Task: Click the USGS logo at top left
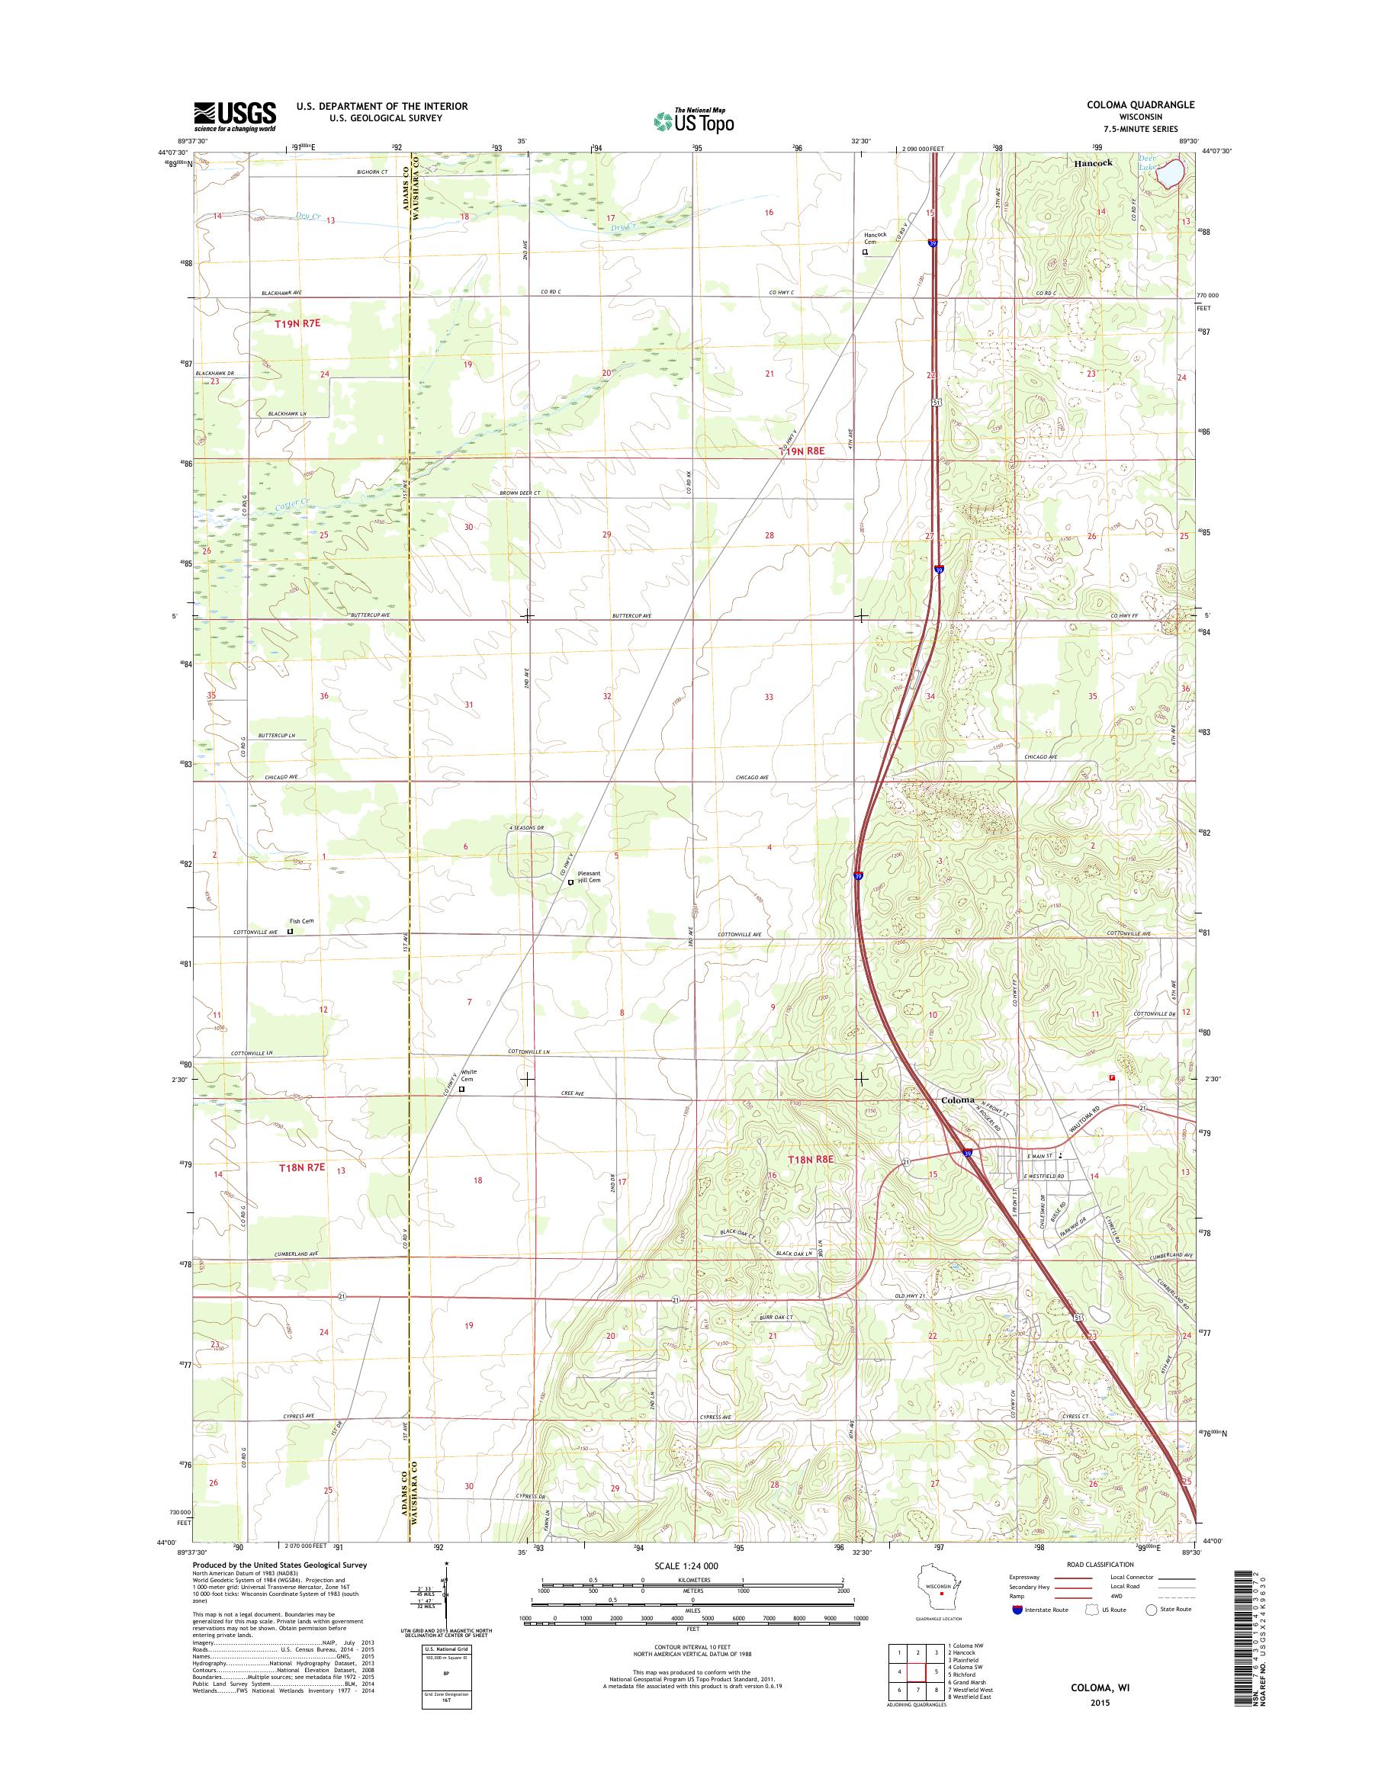[234, 117]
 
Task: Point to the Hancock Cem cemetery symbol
[865, 252]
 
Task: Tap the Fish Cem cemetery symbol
[290, 932]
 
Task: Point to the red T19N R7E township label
[298, 323]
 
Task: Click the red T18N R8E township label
[809, 1160]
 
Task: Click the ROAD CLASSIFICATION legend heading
[1100, 1565]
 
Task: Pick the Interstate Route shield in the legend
[1017, 1610]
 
